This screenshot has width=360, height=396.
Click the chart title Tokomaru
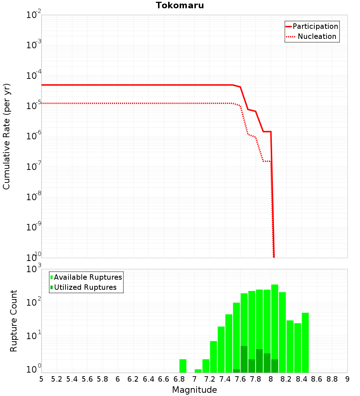tap(180, 5)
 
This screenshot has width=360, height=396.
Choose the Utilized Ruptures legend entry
tap(85, 287)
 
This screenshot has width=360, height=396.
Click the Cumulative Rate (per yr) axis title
tap(6, 136)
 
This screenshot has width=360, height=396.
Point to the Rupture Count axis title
tap(14, 321)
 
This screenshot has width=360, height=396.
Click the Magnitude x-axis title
tap(194, 390)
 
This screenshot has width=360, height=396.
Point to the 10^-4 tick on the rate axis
tap(34, 76)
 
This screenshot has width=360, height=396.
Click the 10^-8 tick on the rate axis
tap(34, 197)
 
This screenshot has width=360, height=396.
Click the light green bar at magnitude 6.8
tap(183, 366)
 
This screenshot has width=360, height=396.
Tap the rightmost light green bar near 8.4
tap(305, 342)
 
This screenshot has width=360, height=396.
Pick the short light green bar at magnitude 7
tap(198, 371)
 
